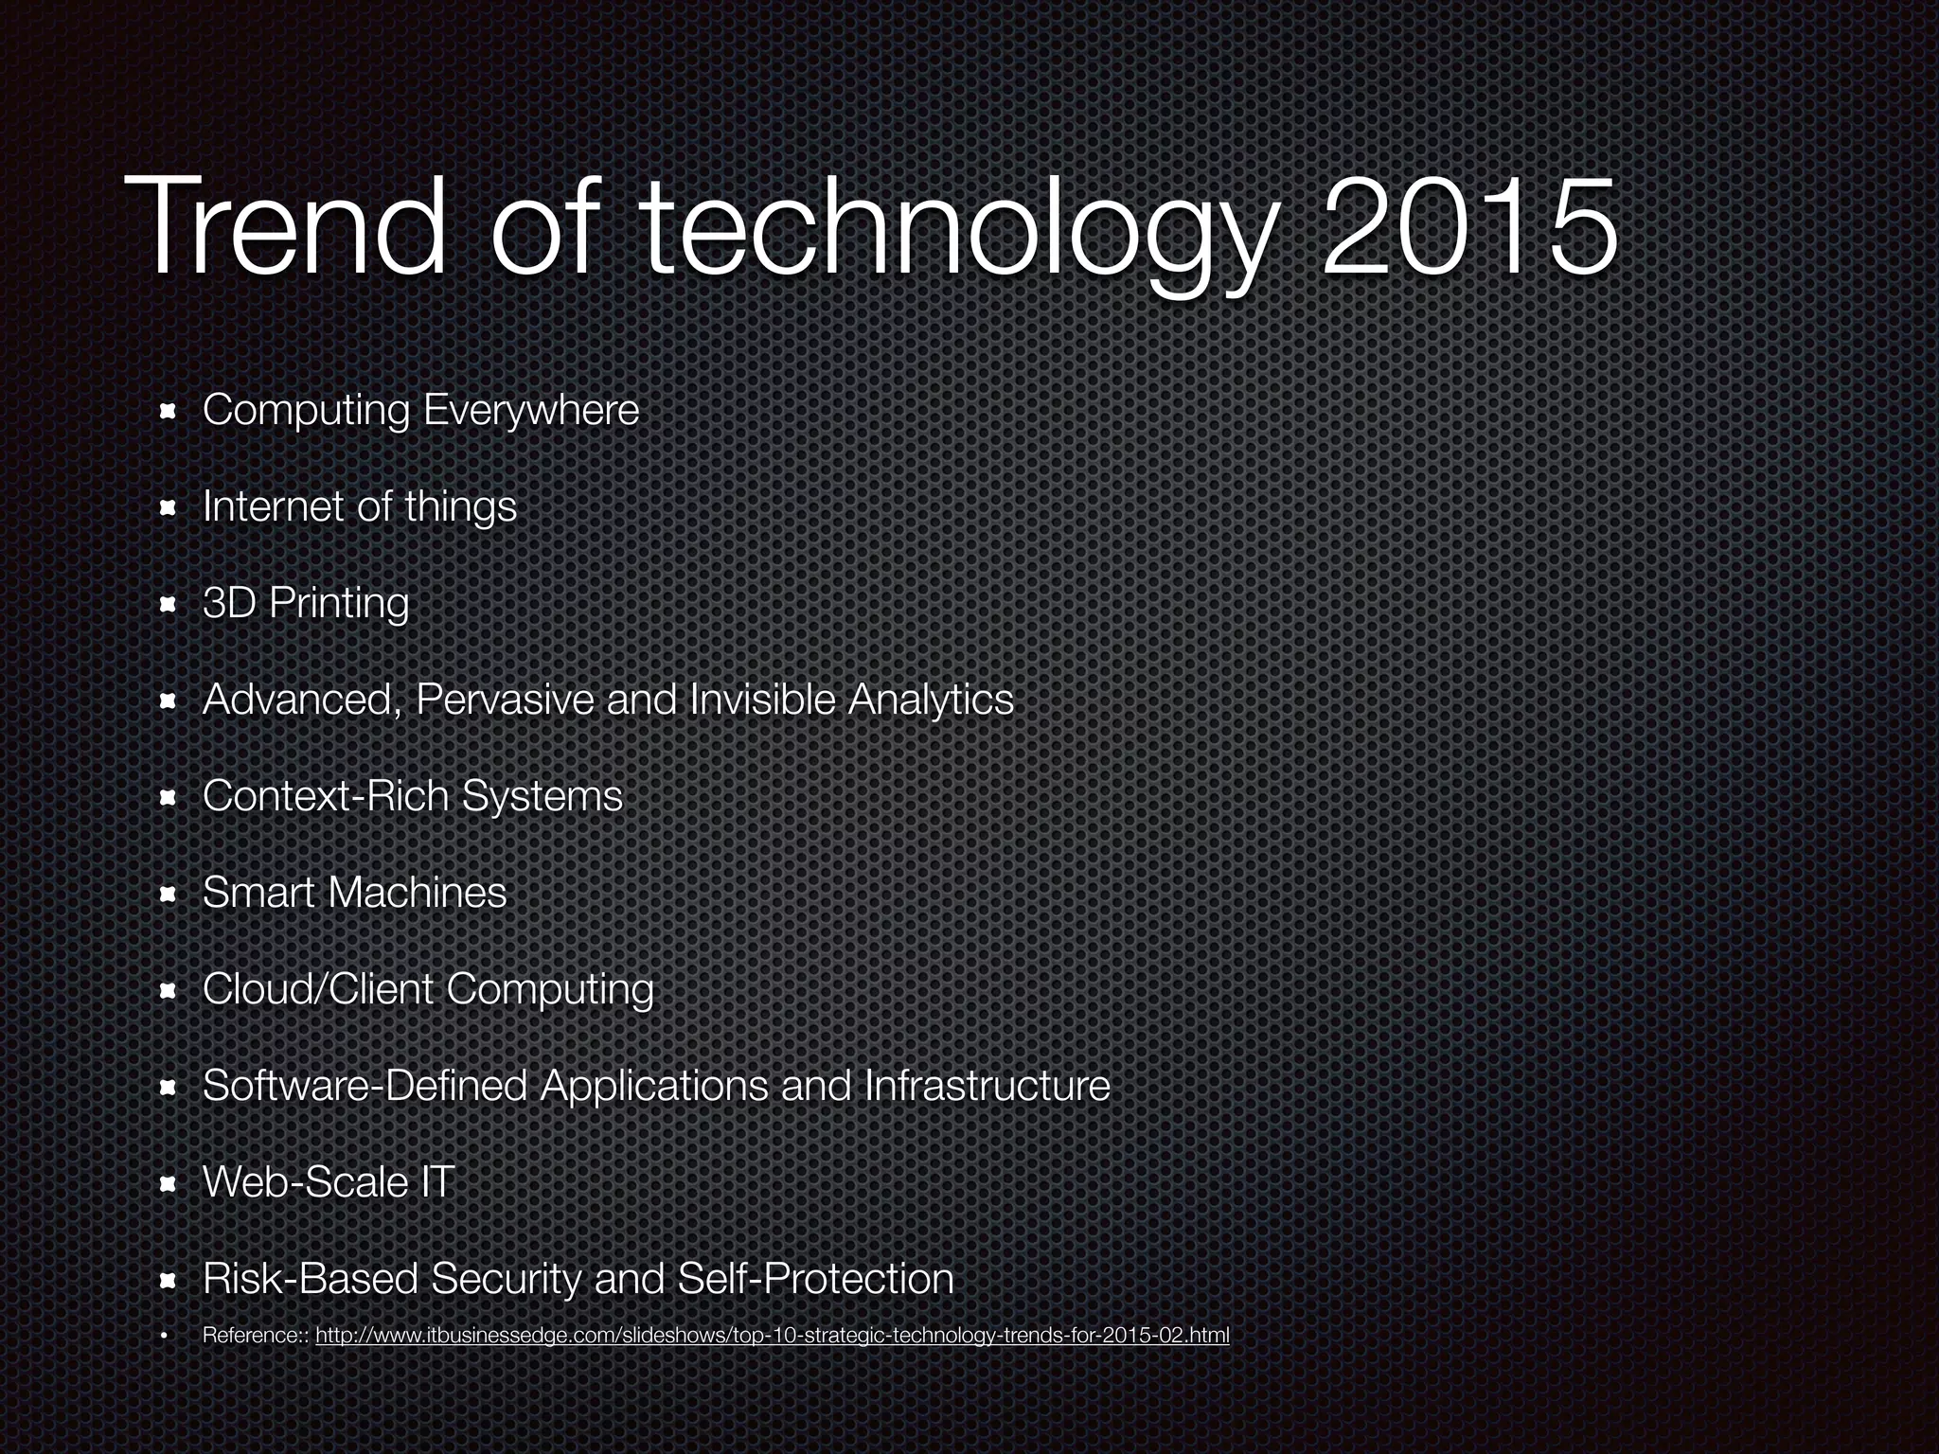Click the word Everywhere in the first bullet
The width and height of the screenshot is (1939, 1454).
click(531, 411)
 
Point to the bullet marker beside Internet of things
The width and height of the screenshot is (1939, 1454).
click(169, 508)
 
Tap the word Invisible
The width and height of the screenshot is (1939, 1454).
click(763, 700)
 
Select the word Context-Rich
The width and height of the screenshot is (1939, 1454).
click(325, 796)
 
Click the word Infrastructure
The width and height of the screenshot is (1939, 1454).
click(987, 1086)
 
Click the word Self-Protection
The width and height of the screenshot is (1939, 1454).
click(816, 1279)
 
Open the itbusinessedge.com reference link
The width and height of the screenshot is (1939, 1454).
click(772, 1336)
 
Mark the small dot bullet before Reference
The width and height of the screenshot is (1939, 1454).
click(164, 1336)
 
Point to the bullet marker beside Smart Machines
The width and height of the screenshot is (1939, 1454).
click(169, 894)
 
